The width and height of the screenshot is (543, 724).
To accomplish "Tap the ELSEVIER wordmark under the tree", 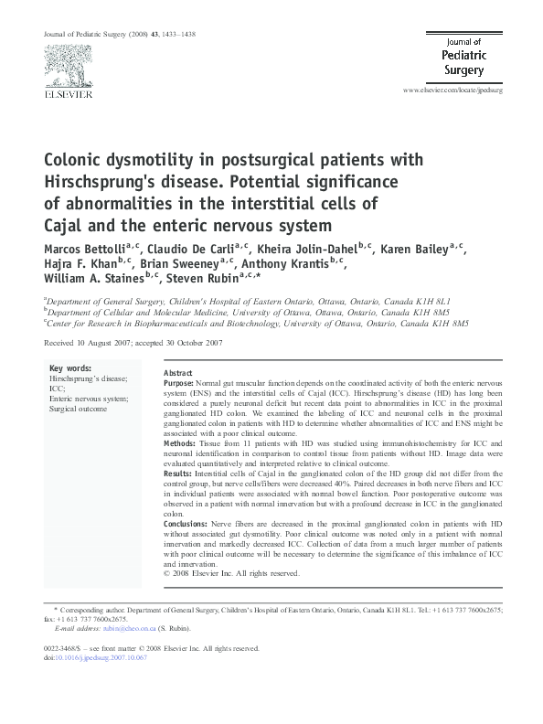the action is pos(66,93).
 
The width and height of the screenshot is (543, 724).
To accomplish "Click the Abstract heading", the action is pos(177,374).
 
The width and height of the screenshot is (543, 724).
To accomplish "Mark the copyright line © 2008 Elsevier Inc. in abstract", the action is pos(231,574).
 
